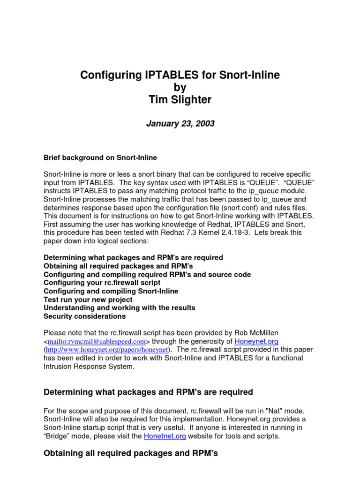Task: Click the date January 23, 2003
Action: click(180, 124)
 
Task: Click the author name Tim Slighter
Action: click(180, 99)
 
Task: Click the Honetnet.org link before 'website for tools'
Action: click(165, 436)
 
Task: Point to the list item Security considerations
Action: click(84, 316)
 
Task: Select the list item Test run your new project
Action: click(88, 300)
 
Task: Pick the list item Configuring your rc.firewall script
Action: click(102, 283)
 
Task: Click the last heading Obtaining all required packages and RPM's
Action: click(131, 453)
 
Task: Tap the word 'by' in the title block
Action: click(180, 87)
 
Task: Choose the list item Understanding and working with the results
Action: click(119, 308)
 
